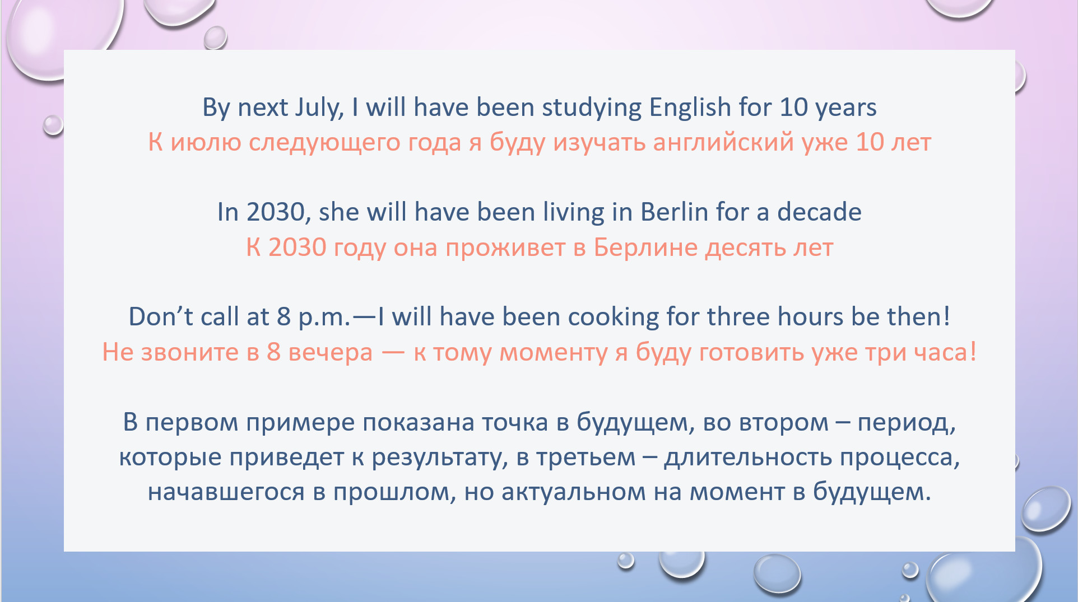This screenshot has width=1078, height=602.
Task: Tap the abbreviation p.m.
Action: click(x=324, y=318)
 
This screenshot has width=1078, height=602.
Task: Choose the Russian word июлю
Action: click(x=206, y=143)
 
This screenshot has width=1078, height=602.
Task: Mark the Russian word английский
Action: click(x=723, y=142)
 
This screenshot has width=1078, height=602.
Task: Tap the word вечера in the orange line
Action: click(x=330, y=353)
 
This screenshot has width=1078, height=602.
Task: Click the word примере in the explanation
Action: click(x=300, y=423)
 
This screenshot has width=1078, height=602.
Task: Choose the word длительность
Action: click(x=748, y=458)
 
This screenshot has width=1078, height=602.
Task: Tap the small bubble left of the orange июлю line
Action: click(x=53, y=124)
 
